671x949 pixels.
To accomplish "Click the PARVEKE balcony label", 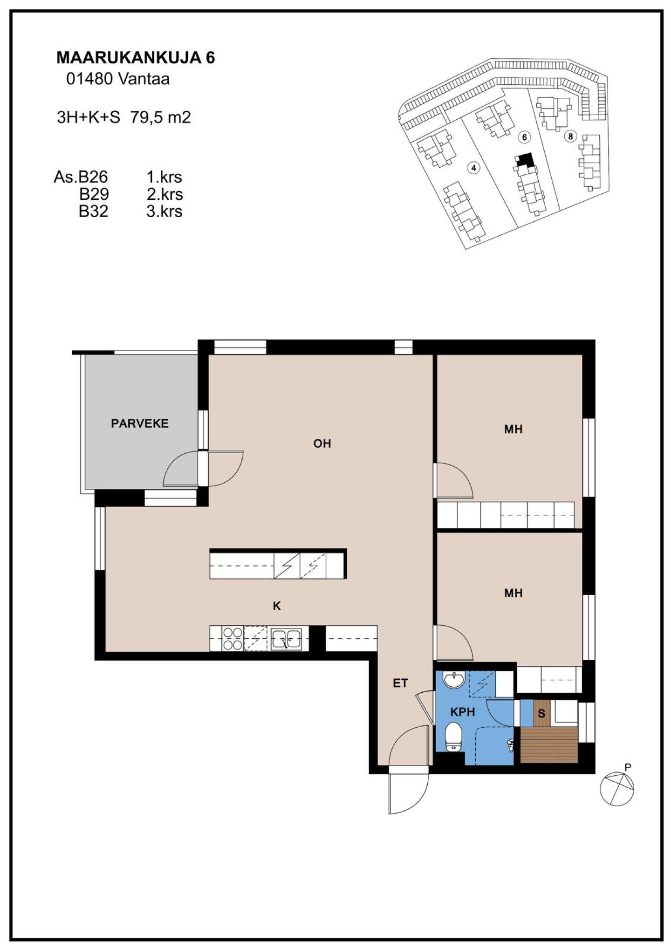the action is point(139,423).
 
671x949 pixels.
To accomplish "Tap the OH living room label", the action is point(322,444).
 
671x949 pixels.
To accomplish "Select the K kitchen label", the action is point(277,606).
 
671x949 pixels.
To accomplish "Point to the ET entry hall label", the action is point(401,683).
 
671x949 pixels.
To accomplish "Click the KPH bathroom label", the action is point(463,712).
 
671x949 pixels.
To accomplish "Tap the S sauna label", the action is point(541,714).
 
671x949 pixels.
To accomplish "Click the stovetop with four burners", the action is point(233,639).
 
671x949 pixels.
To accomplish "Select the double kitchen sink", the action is point(286,639).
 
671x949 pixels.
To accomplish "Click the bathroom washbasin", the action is point(454,680).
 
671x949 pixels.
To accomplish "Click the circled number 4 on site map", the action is point(473,168).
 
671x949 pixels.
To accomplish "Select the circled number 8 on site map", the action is point(570,137).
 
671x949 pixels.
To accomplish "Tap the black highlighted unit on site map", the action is point(525,160).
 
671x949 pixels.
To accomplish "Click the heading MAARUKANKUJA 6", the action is point(136,58).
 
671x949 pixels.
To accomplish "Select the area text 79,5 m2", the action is point(161,117).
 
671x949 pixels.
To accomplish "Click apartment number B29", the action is point(94,194).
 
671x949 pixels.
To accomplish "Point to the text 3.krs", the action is point(164,211).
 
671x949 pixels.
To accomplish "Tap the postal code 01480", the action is point(90,79).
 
